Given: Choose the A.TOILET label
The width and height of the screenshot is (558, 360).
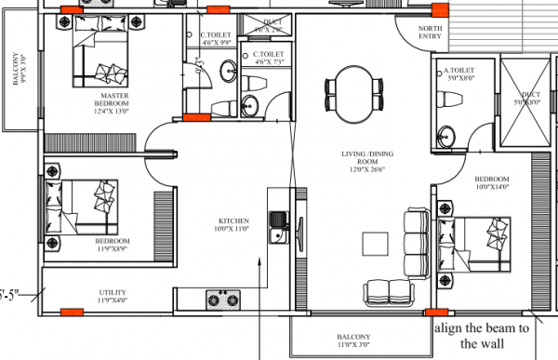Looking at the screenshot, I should point(459,70).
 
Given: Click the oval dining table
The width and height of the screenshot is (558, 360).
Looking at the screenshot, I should point(352,86).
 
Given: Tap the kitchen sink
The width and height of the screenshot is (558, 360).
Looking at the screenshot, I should point(276,224).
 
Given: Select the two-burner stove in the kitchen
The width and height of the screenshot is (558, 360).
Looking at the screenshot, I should point(224,300).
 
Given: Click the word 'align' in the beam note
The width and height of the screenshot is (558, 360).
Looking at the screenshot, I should point(448,328).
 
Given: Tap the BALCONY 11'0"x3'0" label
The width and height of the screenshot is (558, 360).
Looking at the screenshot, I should point(353,340).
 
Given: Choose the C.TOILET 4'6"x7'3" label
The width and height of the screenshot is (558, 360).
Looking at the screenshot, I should point(267,60).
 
